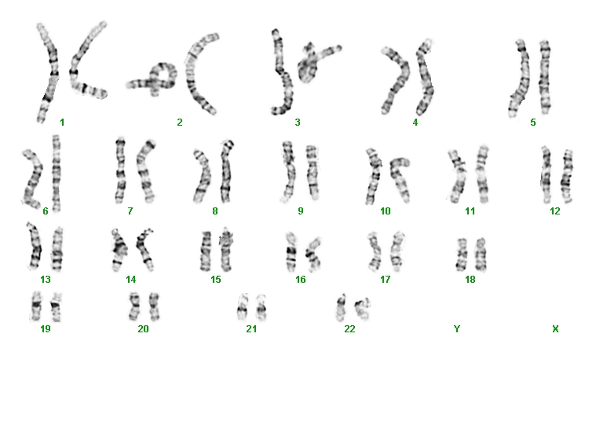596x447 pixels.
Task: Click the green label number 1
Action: [62, 123]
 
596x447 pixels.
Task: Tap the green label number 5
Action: [533, 123]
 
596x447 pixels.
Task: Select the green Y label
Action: [457, 328]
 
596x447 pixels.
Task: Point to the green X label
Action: [555, 328]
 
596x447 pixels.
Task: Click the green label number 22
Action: [349, 328]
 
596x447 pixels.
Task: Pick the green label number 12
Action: [555, 211]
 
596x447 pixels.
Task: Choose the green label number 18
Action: [470, 280]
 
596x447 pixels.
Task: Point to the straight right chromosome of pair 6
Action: [57, 173]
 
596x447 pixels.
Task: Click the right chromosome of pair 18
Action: [481, 254]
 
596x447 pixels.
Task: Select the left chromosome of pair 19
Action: [36, 306]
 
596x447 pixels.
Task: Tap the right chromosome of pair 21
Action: [261, 308]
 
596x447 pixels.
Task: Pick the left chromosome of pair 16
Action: [291, 252]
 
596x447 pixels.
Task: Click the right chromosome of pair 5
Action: [545, 77]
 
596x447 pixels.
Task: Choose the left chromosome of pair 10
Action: [374, 177]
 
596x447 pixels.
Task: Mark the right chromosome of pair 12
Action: [567, 176]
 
